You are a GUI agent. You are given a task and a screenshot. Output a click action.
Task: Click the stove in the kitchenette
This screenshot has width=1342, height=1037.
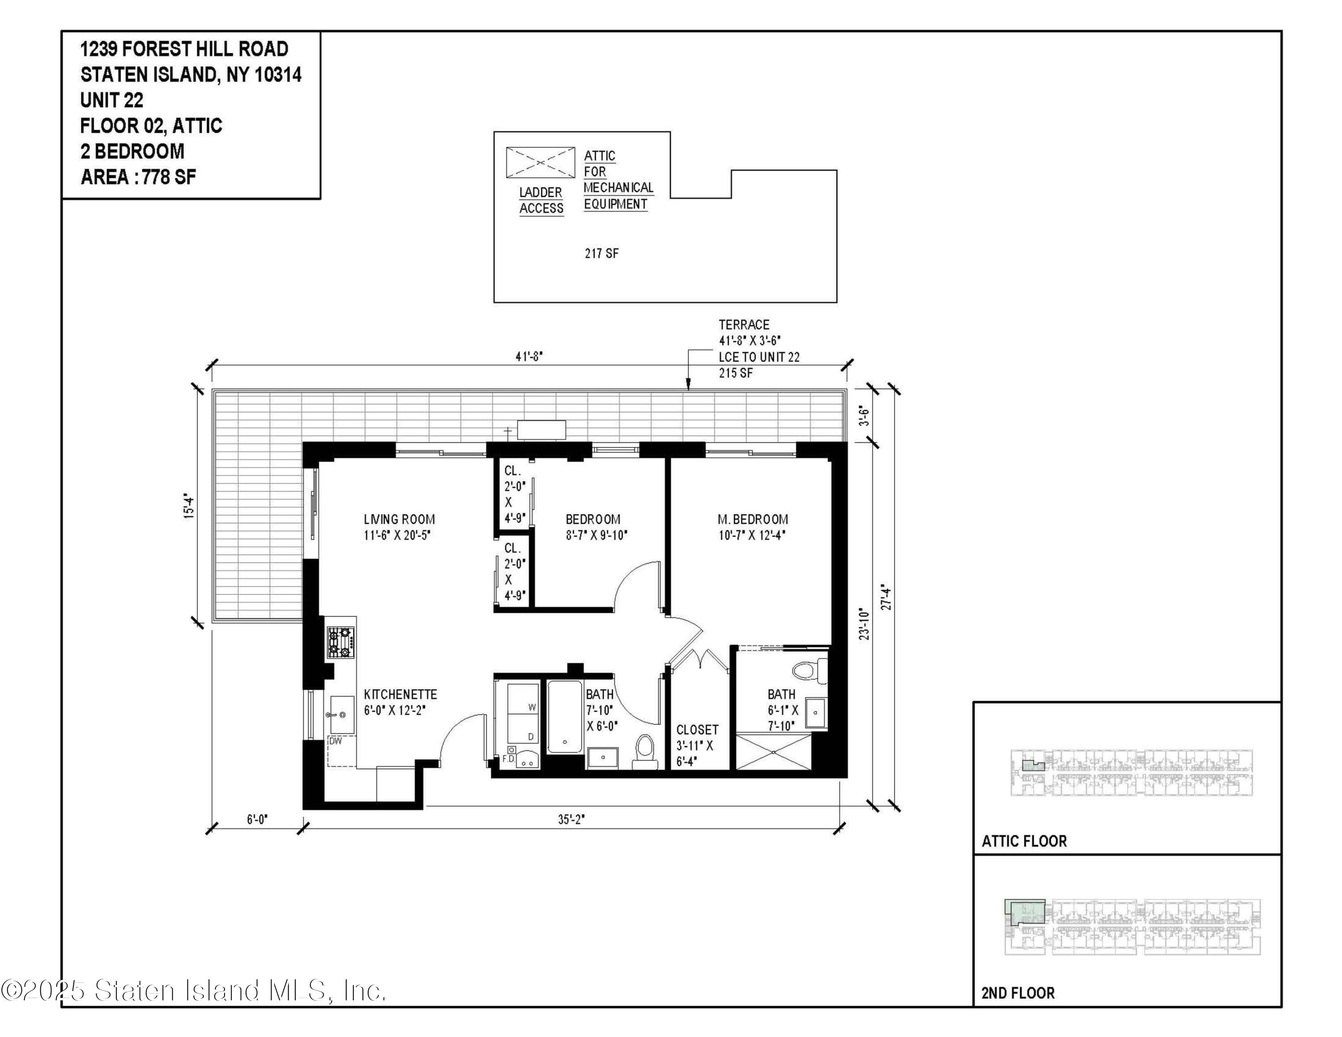(x=340, y=642)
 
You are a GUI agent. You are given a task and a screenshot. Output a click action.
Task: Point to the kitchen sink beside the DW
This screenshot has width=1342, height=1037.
(x=342, y=714)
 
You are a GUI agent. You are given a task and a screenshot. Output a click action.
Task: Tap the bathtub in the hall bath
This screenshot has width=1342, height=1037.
(x=565, y=717)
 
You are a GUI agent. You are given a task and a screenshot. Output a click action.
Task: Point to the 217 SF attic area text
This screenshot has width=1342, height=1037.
(x=602, y=253)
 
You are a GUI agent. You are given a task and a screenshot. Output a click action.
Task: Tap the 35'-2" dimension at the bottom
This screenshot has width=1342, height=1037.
(x=571, y=820)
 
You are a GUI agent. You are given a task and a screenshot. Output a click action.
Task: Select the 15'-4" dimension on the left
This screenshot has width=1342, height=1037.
(x=190, y=507)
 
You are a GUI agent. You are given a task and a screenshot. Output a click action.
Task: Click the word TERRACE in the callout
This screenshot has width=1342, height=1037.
(x=744, y=325)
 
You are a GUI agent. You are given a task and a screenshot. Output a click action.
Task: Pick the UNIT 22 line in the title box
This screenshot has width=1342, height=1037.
(x=112, y=100)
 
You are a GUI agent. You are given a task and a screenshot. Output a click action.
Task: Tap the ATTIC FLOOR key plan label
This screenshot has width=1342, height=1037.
(x=1024, y=841)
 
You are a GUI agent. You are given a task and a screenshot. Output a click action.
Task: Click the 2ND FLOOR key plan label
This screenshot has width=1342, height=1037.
(x=1018, y=993)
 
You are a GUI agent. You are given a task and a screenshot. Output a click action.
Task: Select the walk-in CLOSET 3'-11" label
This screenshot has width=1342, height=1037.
(x=697, y=730)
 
